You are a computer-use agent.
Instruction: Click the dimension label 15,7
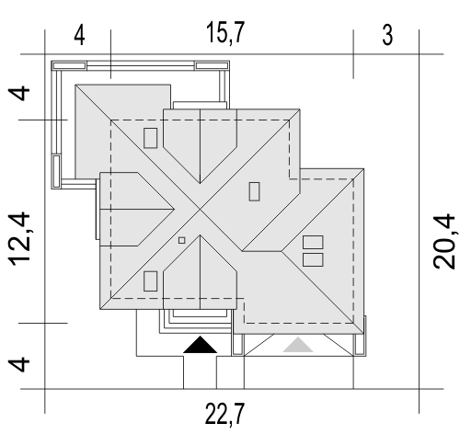225,33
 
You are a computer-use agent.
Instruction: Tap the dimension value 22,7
224,414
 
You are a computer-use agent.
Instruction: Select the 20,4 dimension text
444,242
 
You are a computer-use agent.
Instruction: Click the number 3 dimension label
387,35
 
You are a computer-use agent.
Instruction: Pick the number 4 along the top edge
79,35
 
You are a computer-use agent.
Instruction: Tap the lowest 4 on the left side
19,364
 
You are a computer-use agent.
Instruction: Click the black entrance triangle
201,345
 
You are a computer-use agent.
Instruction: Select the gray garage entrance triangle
298,345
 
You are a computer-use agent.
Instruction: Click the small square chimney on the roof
182,240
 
